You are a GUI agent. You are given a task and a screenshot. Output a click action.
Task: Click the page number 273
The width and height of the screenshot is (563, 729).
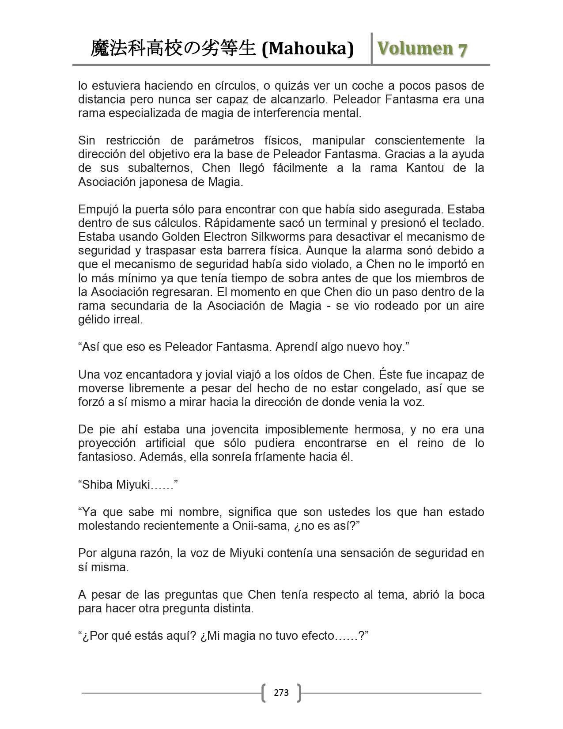[281, 692]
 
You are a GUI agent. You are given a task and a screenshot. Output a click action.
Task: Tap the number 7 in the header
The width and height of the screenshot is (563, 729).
[462, 49]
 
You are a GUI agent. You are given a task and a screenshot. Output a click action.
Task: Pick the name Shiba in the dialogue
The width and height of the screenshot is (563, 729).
[95, 484]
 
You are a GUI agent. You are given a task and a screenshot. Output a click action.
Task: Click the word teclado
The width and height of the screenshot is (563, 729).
[462, 223]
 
